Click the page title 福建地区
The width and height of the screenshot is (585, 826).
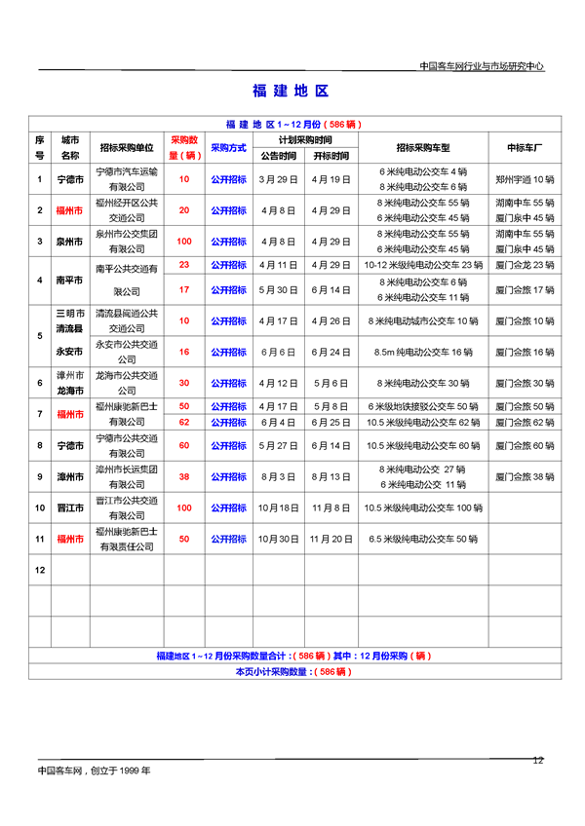(291, 91)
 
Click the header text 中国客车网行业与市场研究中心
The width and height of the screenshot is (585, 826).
(481, 67)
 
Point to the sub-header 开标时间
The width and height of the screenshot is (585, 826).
(330, 156)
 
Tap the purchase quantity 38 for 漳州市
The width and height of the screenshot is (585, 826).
(183, 477)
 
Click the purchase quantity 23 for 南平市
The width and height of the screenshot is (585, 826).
(183, 265)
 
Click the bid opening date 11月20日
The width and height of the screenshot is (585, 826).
(330, 539)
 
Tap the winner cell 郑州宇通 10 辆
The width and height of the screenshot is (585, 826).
(524, 179)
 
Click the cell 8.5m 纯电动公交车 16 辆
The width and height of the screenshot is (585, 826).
(422, 352)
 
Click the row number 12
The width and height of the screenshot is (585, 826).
(40, 569)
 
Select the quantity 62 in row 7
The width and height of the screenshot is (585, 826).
(183, 422)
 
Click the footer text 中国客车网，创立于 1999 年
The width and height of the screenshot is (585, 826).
(95, 770)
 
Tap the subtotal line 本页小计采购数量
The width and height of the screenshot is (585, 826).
(292, 672)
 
